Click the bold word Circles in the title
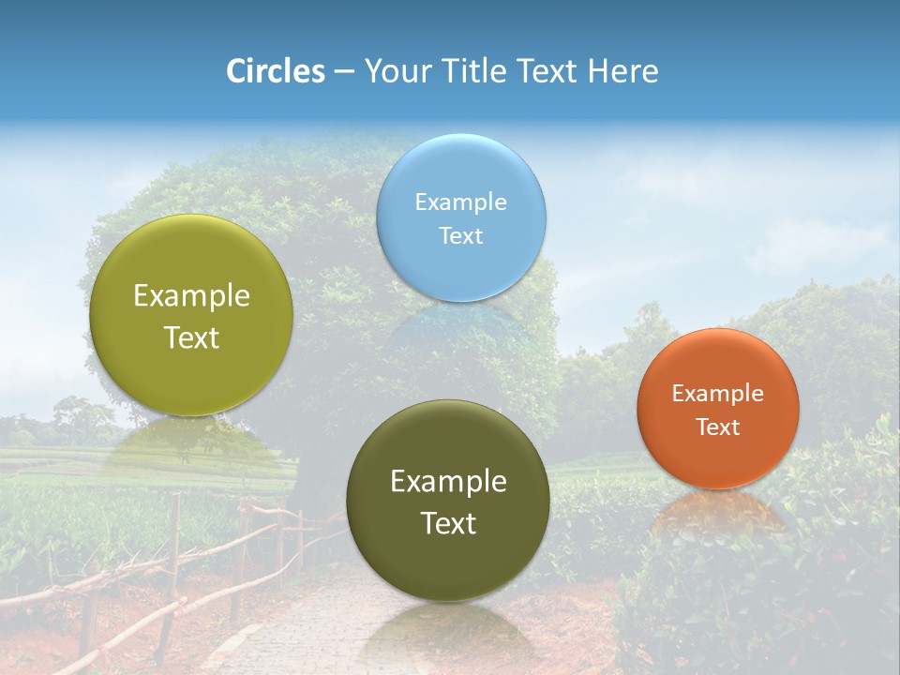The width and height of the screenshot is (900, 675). tap(276, 71)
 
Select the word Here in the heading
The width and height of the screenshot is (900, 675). tap(623, 71)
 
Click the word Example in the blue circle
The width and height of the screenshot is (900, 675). tap(461, 202)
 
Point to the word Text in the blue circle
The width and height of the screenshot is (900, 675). tap(461, 235)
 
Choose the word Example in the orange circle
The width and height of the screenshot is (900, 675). tap(718, 393)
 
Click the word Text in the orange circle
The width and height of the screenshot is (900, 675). tap(718, 427)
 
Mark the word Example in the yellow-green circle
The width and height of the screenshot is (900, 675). tap(191, 295)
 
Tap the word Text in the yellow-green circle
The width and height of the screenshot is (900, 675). tap(191, 337)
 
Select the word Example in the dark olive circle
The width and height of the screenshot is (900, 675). tap(448, 481)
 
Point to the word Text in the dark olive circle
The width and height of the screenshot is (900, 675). tap(448, 523)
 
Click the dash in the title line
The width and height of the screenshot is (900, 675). tap(344, 71)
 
